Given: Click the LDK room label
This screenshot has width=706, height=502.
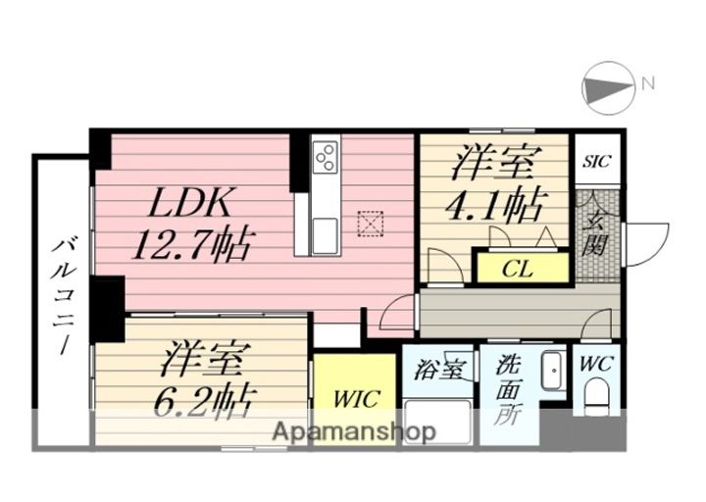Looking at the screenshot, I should pos(191,203).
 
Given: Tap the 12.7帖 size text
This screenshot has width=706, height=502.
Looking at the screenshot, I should pos(198,241).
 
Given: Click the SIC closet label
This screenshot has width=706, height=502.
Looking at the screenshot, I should pos(596,161).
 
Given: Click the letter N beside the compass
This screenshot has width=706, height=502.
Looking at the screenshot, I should pos(647,84).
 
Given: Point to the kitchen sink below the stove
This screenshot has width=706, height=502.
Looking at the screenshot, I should pos(326,232).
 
